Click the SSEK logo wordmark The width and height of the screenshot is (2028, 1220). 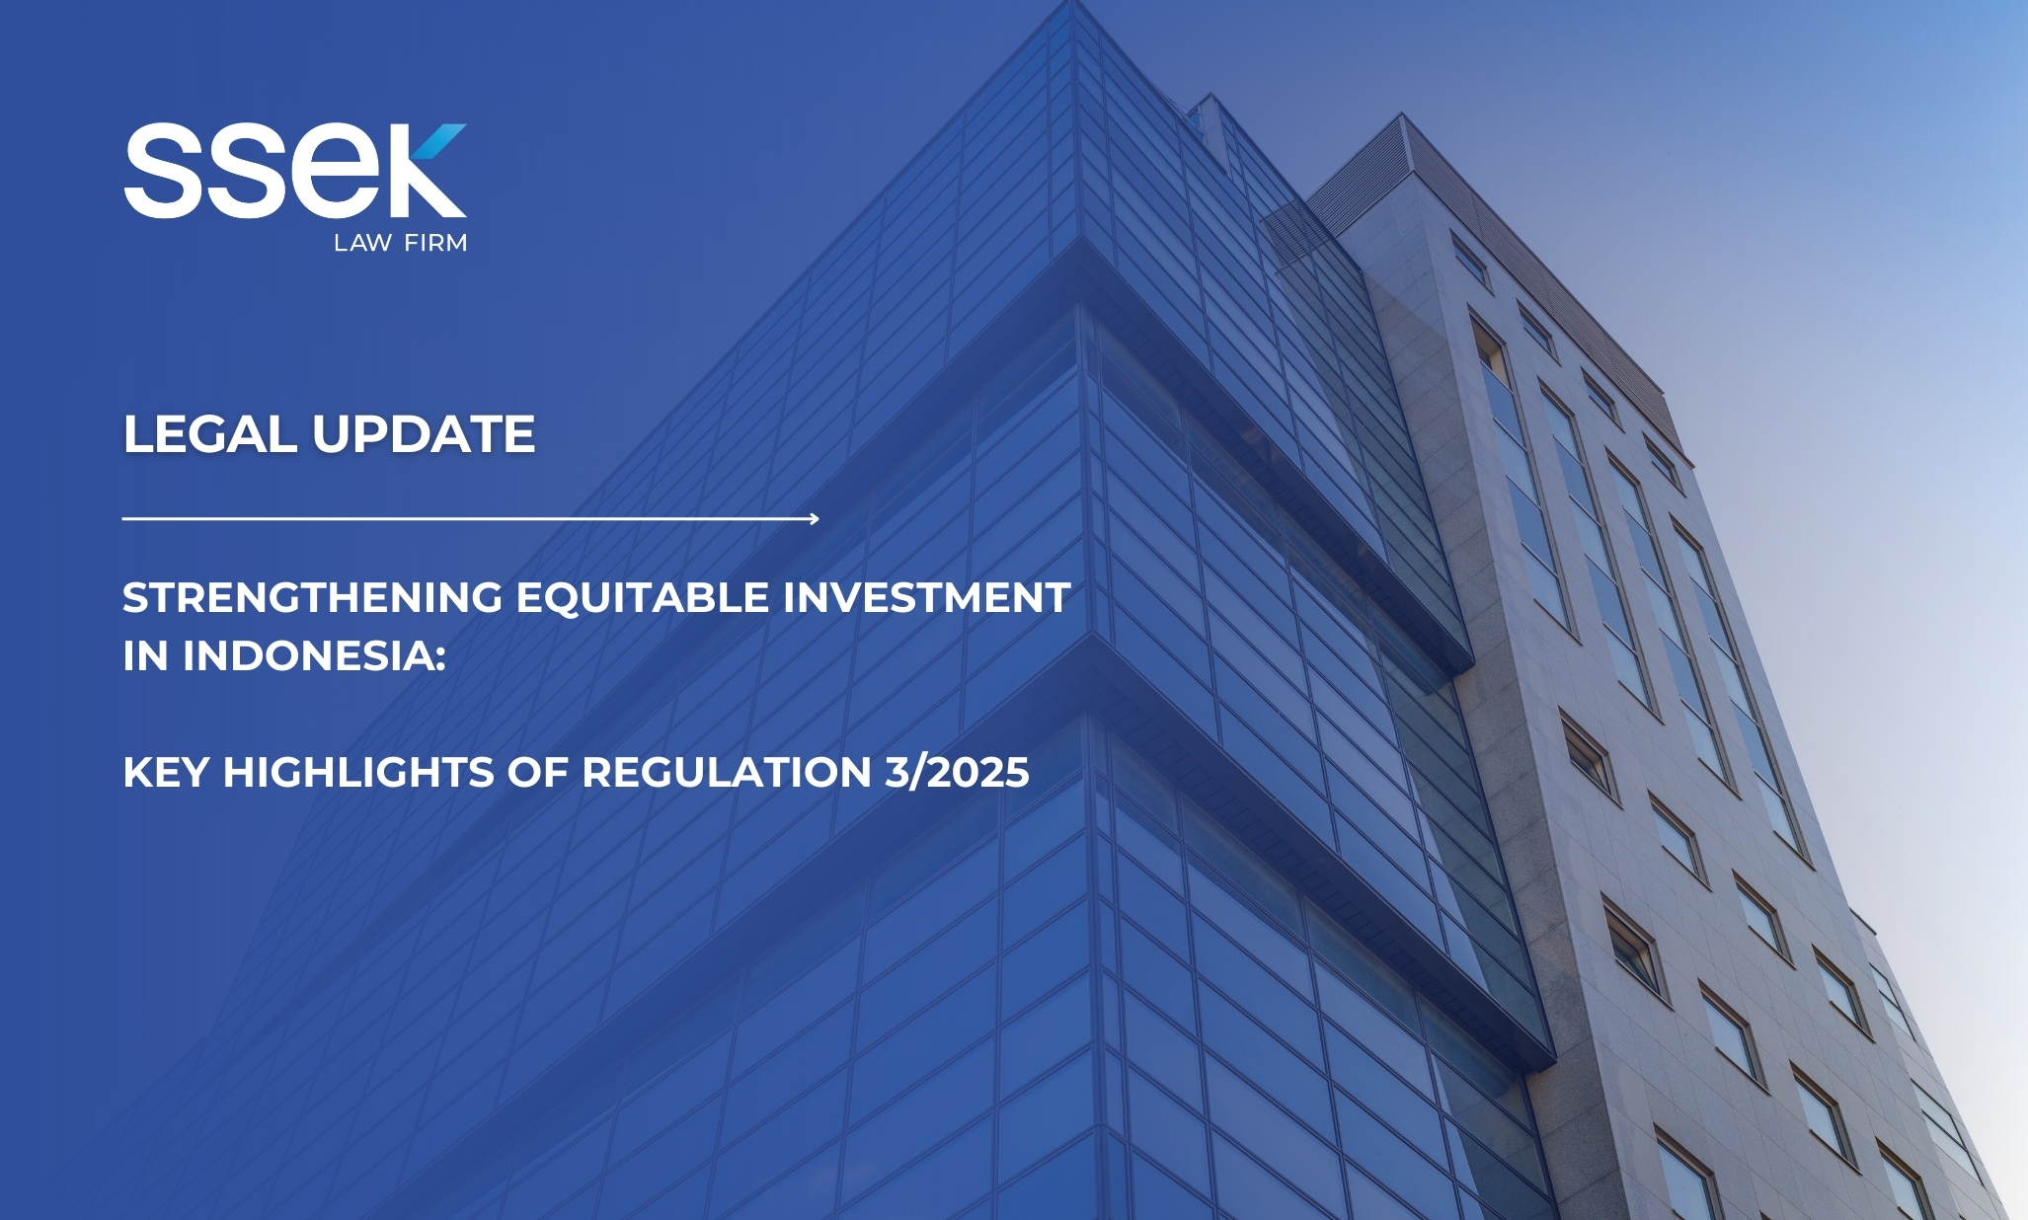295,170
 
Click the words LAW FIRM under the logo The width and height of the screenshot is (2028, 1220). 400,243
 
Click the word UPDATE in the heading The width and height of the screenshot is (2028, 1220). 425,434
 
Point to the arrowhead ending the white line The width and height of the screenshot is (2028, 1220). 814,518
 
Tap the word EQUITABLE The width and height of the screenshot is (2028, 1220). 643,598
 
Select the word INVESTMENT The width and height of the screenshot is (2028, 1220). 927,597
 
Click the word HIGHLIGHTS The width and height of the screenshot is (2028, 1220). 358,772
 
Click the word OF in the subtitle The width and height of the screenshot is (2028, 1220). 538,772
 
